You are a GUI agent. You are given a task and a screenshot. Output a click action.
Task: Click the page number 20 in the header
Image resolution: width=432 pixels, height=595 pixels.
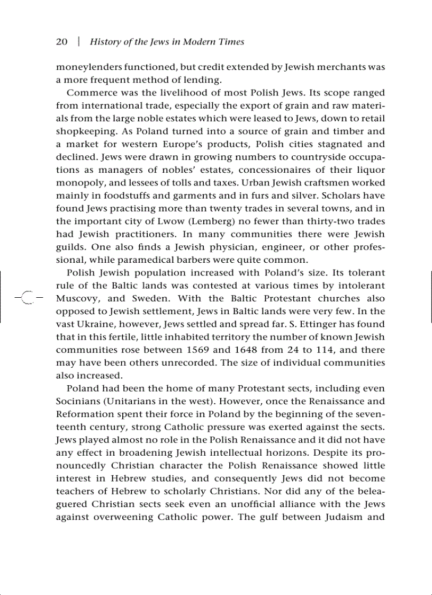tap(62, 42)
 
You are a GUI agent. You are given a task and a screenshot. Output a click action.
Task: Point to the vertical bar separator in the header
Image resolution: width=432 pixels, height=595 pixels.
tap(79, 42)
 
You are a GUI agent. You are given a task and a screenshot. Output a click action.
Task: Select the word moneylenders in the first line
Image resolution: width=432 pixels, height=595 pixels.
tap(85, 68)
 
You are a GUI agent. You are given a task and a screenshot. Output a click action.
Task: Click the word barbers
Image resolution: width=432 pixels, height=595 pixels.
tap(231, 260)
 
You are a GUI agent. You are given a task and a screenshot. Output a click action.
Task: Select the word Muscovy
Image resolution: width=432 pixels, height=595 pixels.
tap(77, 299)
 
